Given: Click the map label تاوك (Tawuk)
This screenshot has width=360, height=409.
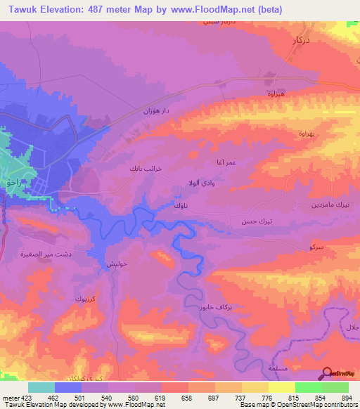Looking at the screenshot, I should [181, 206].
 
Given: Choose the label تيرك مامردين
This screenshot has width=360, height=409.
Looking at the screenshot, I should [331, 204].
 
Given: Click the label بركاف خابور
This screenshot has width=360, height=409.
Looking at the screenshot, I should [205, 308].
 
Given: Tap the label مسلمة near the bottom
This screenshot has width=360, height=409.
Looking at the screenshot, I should [259, 368].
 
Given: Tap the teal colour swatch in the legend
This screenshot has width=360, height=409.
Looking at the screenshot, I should [41, 387].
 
